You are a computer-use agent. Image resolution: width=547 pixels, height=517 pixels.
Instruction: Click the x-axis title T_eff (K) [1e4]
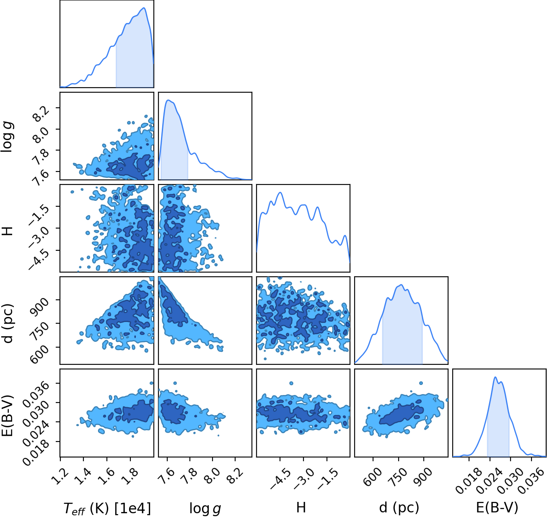coord(107,508)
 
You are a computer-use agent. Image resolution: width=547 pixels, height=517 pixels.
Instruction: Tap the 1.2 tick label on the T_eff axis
coord(60,476)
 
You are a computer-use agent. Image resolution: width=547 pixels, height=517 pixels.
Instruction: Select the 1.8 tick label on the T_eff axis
coord(131,476)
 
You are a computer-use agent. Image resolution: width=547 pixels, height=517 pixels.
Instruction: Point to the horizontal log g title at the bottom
coord(205,508)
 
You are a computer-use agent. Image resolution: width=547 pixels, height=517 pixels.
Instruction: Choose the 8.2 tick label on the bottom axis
coord(235,476)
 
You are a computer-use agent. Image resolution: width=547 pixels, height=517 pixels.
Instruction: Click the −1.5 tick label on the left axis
coord(38,209)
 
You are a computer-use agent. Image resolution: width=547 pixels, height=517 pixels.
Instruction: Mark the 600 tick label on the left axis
coord(39,351)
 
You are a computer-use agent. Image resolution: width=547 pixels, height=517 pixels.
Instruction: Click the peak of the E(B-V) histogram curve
coord(495,377)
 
